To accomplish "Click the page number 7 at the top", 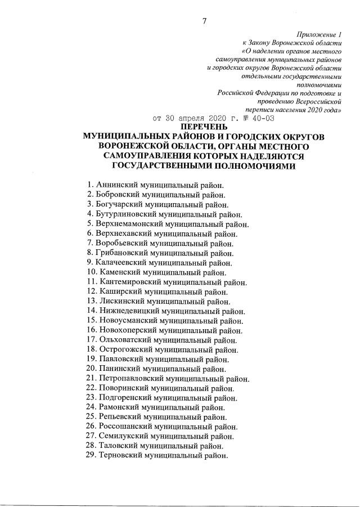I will click(204, 21).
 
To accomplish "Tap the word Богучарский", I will click(119, 204).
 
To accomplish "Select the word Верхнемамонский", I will click(129, 224).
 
